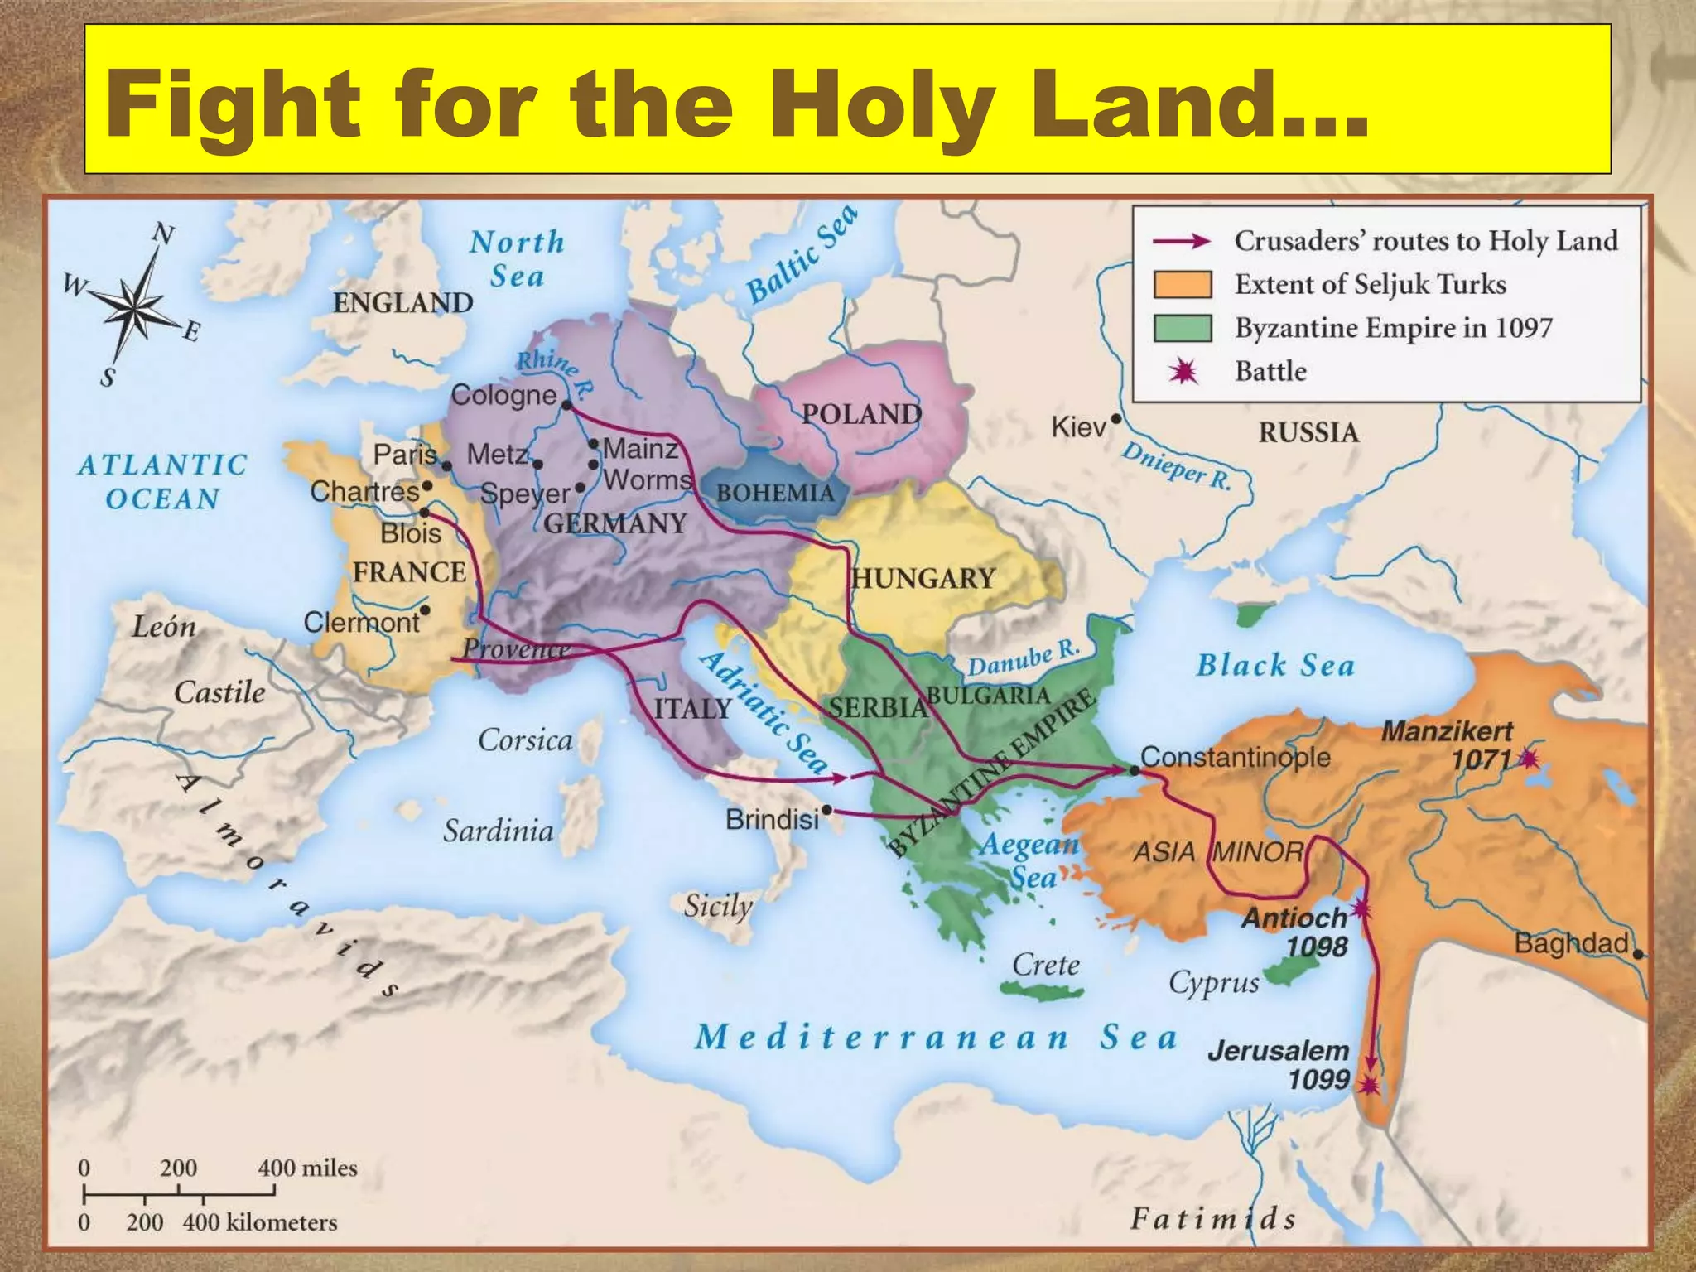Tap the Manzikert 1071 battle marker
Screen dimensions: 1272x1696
1529,758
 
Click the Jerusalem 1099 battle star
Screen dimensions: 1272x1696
1370,1084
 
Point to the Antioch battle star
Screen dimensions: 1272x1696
1361,911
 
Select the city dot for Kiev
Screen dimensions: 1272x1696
1115,419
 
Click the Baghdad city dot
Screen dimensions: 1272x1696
1637,954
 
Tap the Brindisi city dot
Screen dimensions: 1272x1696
826,810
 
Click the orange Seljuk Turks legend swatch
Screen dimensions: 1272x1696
1183,284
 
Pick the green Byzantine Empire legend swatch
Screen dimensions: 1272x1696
1183,328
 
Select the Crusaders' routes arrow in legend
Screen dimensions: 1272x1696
1182,241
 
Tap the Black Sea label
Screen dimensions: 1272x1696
1275,665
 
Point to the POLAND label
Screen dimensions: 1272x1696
861,414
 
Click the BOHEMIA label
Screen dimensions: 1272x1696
775,493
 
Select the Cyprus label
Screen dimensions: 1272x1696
1213,983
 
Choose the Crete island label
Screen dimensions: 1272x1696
1045,965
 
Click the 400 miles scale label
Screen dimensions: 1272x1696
307,1168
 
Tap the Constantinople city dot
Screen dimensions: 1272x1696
1134,771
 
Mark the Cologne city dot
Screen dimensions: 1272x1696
567,405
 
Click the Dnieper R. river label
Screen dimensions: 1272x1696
1176,466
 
